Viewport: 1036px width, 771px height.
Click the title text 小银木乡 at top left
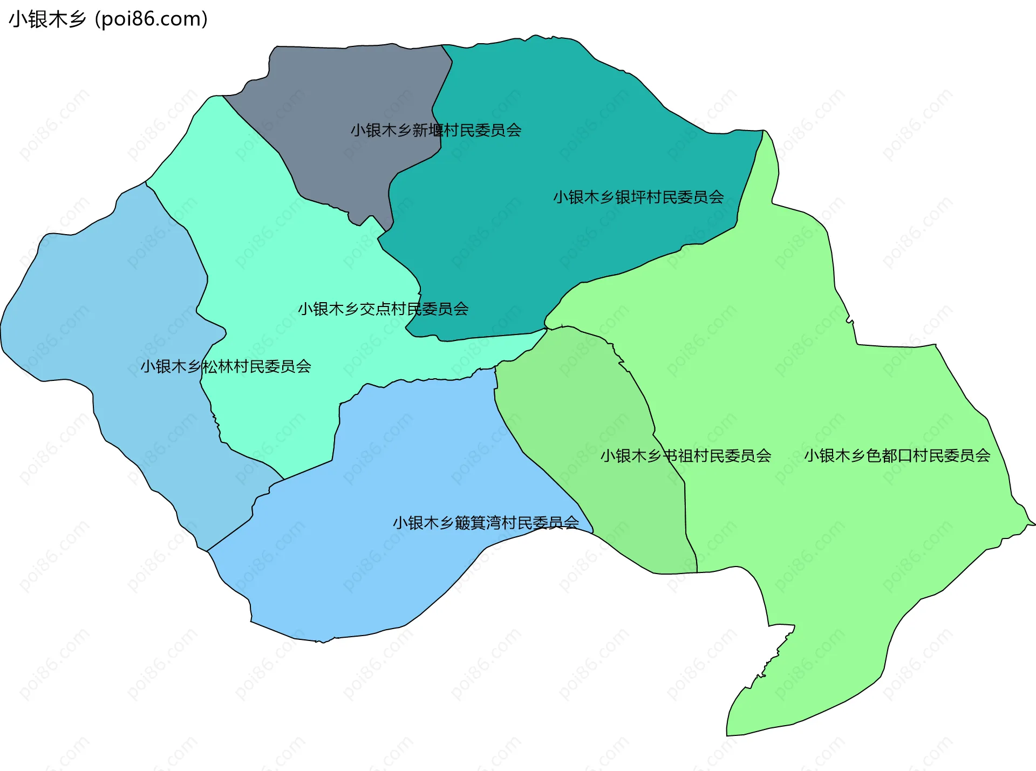(x=47, y=19)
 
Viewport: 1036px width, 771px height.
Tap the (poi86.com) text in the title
(x=151, y=19)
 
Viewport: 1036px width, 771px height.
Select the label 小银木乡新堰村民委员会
(x=436, y=130)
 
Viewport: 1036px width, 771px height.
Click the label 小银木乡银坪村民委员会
(x=638, y=197)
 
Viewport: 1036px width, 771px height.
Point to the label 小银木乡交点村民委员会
(x=383, y=309)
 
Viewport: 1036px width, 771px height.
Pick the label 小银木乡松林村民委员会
(x=226, y=366)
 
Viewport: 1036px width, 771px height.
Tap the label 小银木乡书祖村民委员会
(x=686, y=455)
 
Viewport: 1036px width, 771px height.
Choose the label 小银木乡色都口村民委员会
(x=897, y=455)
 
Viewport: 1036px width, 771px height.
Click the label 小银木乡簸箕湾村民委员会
(x=486, y=522)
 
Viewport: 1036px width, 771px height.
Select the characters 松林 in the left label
(x=218, y=366)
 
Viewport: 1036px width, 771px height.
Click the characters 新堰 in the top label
(x=428, y=130)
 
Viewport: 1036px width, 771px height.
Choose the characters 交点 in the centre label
(x=376, y=309)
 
